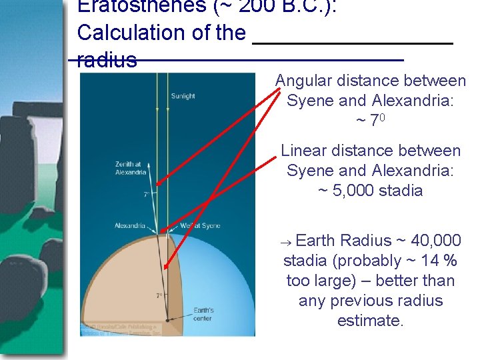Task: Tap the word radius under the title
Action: pos(107,61)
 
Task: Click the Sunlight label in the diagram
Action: pos(183,96)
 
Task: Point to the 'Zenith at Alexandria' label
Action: pos(131,168)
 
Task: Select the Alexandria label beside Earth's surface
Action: pos(130,225)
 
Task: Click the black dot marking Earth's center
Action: pos(168,320)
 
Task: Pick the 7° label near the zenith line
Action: pos(146,195)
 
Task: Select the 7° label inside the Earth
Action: pos(160,295)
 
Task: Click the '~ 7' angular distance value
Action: pos(369,121)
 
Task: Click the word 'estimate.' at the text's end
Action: pos(370,321)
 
